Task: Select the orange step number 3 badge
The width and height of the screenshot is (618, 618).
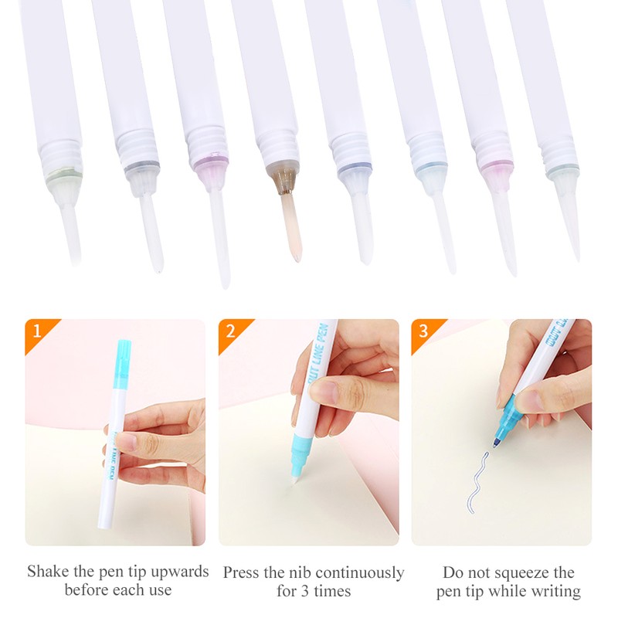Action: coord(422,330)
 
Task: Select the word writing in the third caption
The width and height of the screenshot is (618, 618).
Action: coord(554,592)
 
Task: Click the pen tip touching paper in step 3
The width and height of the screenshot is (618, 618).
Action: coord(495,445)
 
